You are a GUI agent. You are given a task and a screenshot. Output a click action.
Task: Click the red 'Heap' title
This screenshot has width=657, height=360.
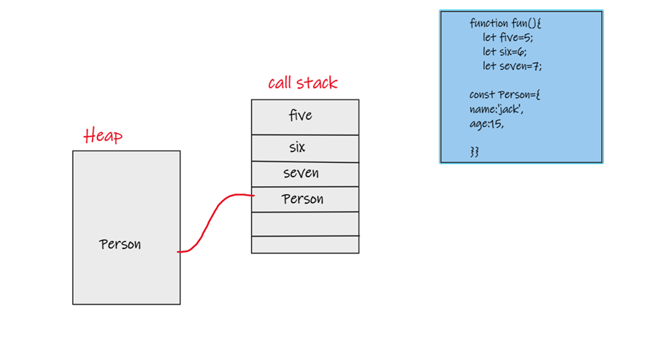point(103,136)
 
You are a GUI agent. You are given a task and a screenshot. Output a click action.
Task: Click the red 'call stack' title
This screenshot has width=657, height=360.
point(302,83)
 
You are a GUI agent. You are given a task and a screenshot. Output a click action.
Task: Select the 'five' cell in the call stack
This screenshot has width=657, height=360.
point(304,116)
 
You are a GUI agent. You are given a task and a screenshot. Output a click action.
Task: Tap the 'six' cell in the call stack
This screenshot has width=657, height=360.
point(304,148)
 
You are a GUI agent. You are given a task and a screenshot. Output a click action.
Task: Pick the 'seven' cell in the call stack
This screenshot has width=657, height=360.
point(304,174)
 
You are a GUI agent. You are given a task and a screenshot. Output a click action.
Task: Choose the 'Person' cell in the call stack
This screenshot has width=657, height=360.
point(304,199)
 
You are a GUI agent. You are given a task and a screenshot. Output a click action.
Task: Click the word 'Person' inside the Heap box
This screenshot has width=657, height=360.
point(120,245)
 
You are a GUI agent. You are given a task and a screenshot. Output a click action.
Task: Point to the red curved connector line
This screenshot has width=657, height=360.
point(212,219)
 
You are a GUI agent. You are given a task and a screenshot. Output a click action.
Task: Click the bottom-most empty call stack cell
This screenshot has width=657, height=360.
point(304,245)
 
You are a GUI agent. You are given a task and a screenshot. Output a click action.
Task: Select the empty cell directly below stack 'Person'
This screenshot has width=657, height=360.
point(304,223)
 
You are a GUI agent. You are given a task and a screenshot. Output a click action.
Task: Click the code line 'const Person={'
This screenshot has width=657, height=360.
point(504,95)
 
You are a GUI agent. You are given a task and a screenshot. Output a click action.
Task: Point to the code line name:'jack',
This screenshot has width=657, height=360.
point(496,110)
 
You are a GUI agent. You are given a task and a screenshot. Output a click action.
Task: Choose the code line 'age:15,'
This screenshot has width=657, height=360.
point(487,124)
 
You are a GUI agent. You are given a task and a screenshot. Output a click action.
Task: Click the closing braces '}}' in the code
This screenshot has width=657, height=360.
point(474,151)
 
